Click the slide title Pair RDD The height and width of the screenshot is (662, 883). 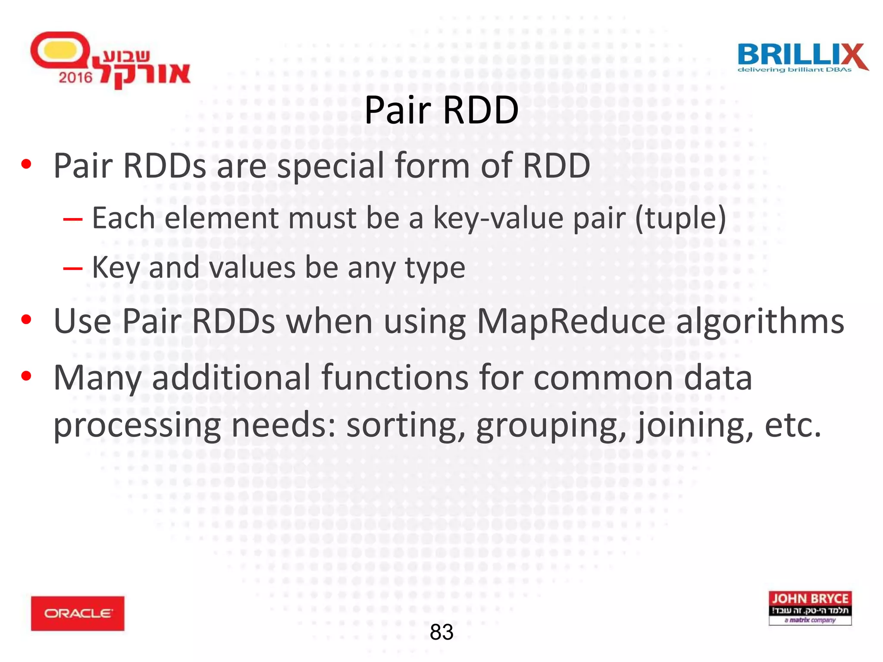pos(441,110)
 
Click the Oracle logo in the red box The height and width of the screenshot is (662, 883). pos(78,613)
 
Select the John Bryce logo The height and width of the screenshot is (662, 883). pos(810,608)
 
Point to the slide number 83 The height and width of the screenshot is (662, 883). pos(441,632)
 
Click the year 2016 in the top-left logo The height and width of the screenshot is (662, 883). pos(76,78)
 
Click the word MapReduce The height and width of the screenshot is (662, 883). pos(571,322)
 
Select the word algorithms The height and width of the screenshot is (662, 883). pos(760,322)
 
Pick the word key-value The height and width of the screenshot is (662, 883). pos(498,218)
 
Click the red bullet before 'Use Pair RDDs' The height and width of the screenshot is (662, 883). pos(26,319)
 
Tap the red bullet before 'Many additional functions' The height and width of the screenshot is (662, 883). pos(26,376)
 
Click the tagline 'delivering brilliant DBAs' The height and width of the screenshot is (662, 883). pos(794,70)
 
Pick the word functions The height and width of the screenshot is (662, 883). pos(395,378)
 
